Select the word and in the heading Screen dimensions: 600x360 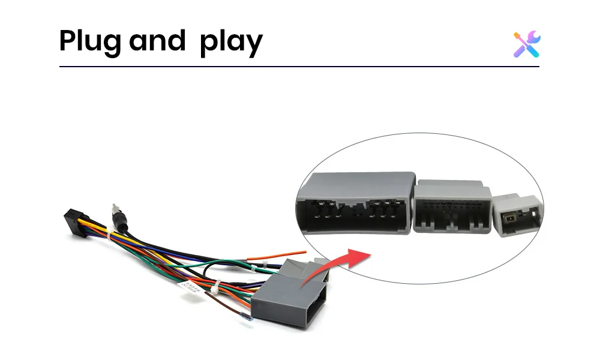pos(157,40)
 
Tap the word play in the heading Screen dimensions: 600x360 pos(231,42)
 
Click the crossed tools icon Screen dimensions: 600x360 pos(527,44)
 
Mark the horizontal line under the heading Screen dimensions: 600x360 pos(299,66)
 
